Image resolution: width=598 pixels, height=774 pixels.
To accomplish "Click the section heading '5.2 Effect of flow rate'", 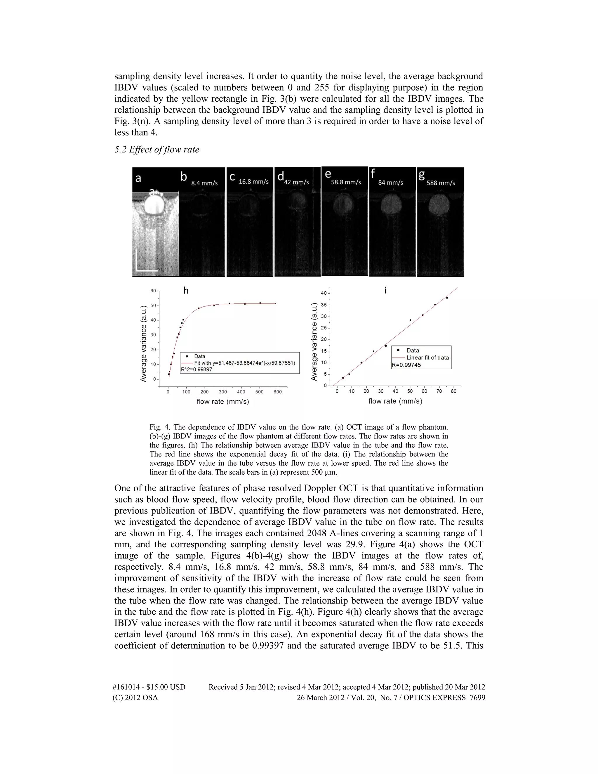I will pos(157,150).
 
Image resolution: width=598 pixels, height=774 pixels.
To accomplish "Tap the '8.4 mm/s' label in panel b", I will pos(204,183).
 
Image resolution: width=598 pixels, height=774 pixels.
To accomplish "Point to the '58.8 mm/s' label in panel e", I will pos(346,182).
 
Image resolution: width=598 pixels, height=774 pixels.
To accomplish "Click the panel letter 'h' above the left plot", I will pos(186,291).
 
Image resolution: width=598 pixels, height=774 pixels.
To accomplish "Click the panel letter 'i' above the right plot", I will pos(385,291).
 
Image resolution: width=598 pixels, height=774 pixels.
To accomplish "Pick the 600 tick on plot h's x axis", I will pos(278,392).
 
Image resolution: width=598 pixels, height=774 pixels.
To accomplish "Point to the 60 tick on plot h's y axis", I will pos(153,291).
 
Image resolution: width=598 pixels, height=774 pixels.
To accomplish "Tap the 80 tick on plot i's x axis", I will pos(454,391).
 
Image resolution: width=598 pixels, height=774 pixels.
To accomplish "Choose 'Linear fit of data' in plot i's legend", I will pos(427,358).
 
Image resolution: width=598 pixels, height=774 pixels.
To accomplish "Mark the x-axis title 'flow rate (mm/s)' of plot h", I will pos(223,402).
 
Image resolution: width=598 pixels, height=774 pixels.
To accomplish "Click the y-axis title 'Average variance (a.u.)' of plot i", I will pos(314,342).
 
